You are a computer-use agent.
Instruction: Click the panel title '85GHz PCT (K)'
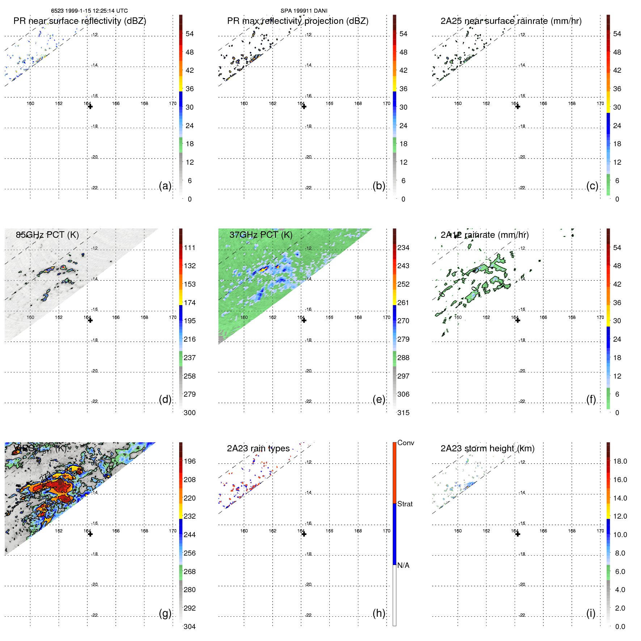47,235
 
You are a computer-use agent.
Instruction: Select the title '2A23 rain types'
258,448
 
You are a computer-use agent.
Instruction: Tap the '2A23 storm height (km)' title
487,448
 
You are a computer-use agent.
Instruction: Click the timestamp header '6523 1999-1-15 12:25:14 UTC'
89,11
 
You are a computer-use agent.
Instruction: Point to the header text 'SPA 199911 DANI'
304,11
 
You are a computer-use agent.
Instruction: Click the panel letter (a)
165,186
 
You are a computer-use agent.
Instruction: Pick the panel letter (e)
379,400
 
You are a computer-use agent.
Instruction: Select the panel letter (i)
591,613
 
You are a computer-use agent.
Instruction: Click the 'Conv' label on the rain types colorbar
405,443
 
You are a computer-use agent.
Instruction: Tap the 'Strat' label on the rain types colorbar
405,504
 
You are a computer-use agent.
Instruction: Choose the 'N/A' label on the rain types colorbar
403,565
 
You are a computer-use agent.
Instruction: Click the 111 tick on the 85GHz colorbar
190,248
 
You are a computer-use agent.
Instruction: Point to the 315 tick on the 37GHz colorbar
403,413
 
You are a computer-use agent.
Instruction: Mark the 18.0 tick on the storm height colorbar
620,461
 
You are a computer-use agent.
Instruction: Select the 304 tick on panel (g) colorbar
190,627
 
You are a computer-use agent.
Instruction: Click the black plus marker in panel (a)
90,106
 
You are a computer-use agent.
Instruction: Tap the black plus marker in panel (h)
304,534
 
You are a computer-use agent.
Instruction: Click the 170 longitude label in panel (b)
387,104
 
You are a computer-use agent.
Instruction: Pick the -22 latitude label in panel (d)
94,401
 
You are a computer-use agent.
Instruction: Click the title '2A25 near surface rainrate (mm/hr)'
511,21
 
